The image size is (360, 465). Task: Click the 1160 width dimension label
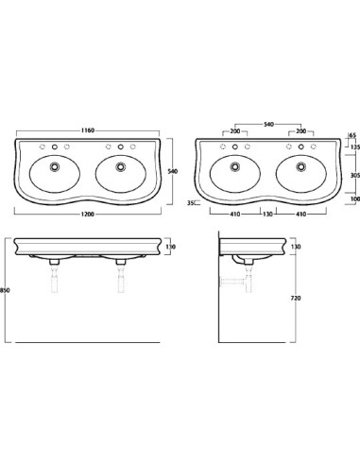[x=88, y=130]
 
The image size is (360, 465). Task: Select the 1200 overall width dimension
[x=88, y=215]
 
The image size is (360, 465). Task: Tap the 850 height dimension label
[x=5, y=290]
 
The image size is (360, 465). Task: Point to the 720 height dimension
[x=295, y=298]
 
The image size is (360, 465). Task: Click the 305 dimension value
[x=355, y=176]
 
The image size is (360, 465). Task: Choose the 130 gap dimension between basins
[x=267, y=215]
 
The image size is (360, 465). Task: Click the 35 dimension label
[x=190, y=203]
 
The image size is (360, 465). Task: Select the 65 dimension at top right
[x=352, y=135]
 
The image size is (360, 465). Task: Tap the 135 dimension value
[x=355, y=146]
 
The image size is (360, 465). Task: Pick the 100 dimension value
[x=355, y=198]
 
